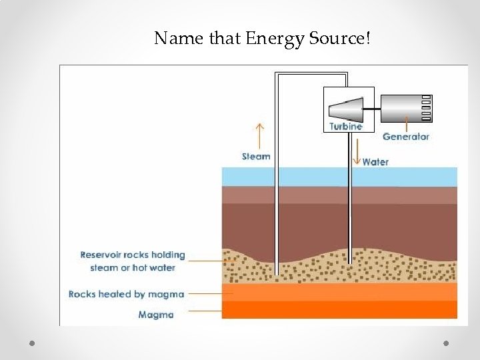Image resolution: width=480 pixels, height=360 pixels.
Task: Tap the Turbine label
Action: click(345, 126)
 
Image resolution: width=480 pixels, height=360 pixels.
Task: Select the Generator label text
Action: click(405, 137)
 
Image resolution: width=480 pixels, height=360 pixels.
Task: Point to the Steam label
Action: click(256, 157)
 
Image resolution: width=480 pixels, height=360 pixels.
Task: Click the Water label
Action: click(375, 162)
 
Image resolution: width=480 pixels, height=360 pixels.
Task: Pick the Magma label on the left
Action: click(156, 315)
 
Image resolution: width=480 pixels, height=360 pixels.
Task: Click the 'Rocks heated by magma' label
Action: click(126, 294)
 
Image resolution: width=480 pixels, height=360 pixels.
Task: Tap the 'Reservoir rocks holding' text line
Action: click(132, 255)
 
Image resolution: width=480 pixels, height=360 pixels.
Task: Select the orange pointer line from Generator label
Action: click(406, 123)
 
